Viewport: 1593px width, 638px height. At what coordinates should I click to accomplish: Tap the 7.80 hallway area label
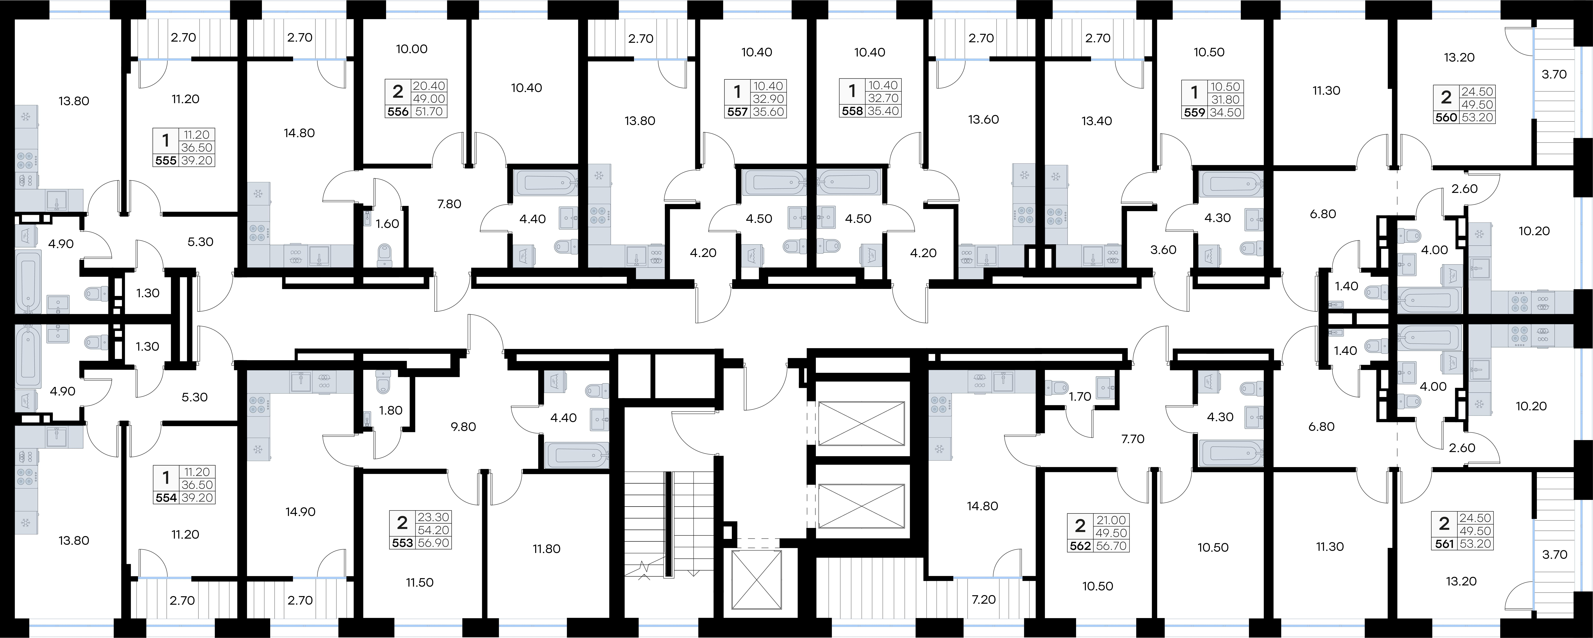pyautogui.click(x=449, y=204)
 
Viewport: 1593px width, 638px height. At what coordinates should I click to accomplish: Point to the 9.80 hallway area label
pyautogui.click(x=463, y=426)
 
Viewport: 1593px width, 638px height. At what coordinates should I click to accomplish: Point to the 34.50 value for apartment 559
pyautogui.click(x=1227, y=113)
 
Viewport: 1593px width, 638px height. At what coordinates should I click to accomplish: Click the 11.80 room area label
pyautogui.click(x=547, y=549)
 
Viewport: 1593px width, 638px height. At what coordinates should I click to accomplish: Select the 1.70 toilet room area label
pyautogui.click(x=1080, y=397)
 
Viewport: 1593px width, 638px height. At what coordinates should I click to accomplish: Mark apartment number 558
pyautogui.click(x=852, y=111)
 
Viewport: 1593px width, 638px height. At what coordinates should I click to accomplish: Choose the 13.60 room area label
pyautogui.click(x=983, y=119)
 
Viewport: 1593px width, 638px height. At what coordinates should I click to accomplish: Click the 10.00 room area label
pyautogui.click(x=412, y=49)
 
